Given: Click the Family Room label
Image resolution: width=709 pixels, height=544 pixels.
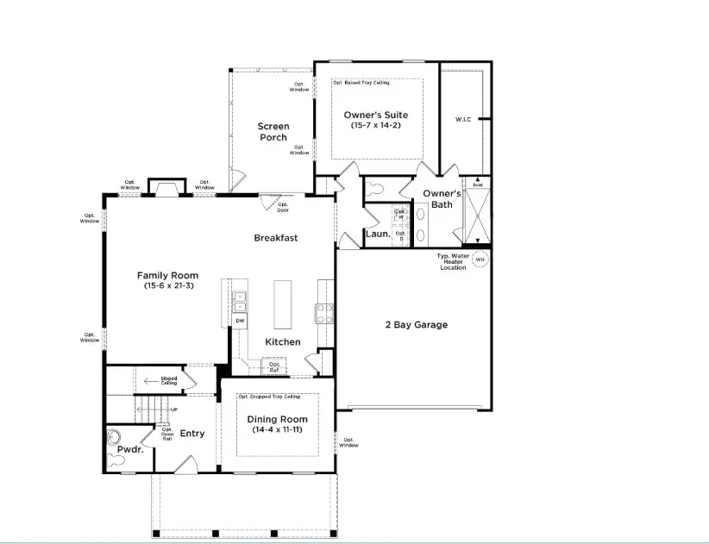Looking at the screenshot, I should point(161,276).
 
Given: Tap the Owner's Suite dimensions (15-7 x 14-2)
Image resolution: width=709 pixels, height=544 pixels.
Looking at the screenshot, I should point(375,126).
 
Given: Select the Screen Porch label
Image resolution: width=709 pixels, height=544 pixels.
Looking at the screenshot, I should point(273,132).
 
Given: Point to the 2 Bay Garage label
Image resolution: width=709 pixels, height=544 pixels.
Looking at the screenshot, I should point(416,325).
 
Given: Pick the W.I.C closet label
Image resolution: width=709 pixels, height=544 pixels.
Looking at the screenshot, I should point(463,119).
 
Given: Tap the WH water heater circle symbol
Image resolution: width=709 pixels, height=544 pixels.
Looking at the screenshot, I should point(480,259).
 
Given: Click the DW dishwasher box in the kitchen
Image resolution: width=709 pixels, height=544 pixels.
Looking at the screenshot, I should point(240,322).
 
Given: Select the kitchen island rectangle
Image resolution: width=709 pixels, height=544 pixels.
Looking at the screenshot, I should point(284,303).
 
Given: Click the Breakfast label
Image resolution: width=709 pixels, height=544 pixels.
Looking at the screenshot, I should point(275,238).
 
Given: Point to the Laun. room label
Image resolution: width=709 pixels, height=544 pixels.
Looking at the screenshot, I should point(378,234).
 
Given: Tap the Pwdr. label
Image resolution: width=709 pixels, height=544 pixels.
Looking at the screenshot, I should point(129,450).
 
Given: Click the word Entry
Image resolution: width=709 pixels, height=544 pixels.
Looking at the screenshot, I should point(191,433).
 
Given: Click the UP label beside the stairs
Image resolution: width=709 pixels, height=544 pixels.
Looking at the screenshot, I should point(174,410).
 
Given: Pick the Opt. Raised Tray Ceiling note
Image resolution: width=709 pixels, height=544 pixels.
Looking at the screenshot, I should point(361,83).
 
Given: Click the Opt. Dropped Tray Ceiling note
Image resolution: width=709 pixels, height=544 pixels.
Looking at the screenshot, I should point(269,397).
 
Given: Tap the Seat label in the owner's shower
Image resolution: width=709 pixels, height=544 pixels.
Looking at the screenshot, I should point(476,184).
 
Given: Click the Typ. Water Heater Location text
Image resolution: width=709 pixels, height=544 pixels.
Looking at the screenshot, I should point(453,262).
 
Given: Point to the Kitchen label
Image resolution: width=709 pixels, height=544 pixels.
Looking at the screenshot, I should point(282,342).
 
